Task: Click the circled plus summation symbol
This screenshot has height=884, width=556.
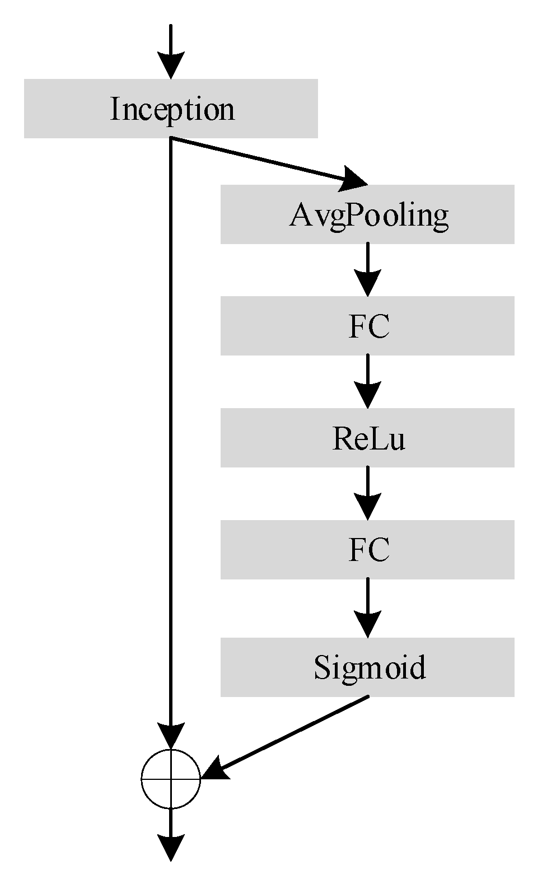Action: [x=171, y=778]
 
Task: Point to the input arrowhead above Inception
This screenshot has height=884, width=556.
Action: [x=171, y=65]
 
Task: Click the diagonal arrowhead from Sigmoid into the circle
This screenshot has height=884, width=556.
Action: [x=216, y=770]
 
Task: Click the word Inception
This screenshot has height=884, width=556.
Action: [x=172, y=109]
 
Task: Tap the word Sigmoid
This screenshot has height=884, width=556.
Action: [x=370, y=667]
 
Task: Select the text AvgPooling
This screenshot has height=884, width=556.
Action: [x=369, y=215]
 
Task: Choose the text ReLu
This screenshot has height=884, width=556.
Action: [x=368, y=438]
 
